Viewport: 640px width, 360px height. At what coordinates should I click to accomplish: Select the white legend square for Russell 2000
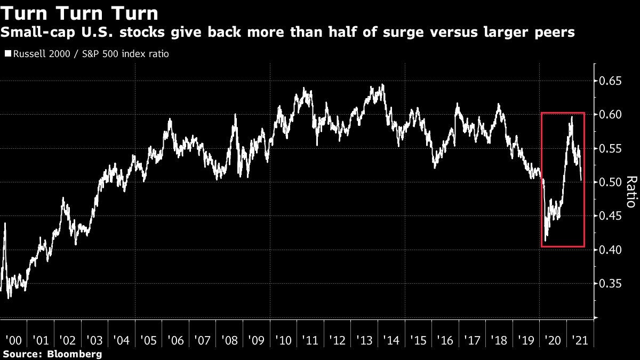coord(7,54)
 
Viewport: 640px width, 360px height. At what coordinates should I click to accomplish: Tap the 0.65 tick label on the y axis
coord(610,81)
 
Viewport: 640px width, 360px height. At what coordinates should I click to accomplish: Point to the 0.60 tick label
coord(610,115)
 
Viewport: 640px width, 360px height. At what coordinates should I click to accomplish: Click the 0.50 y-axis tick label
coord(610,182)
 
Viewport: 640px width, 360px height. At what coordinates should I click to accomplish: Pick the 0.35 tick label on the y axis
coord(610,284)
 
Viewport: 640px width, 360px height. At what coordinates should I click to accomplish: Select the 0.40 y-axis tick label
coord(610,250)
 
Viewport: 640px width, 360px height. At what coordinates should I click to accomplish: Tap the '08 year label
coord(230,340)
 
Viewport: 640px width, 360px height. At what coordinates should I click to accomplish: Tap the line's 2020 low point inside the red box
coord(546,241)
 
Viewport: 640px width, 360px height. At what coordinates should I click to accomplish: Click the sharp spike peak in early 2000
coord(5,223)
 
